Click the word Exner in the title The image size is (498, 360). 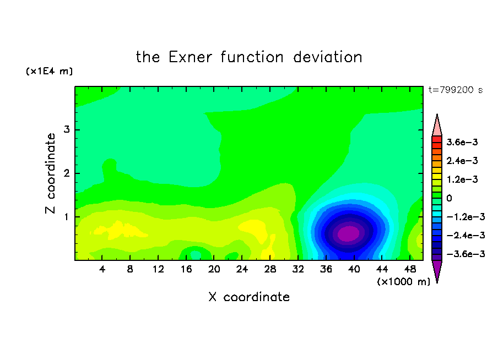pos(190,57)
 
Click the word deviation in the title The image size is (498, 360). pos(327,57)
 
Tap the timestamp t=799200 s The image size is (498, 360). pos(456,90)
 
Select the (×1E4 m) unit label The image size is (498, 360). pos(49,71)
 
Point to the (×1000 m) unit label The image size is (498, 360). pos(403,282)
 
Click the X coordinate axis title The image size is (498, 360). pos(249,297)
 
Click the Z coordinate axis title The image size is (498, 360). pos(50,173)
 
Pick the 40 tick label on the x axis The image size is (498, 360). pos(354,269)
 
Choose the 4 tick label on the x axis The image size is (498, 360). pos(102,269)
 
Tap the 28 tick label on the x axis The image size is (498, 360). pos(270,269)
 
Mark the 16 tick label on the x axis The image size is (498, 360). pos(186,269)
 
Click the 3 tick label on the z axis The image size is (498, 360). pos(67,129)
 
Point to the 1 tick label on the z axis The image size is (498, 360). pos(67,217)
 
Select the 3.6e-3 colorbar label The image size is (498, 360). pos(462,142)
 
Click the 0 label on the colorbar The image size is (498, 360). pos(449,198)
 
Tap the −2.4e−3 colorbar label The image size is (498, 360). pos(465,236)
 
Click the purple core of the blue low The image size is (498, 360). pos(348,233)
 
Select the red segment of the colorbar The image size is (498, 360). pos(437,139)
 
